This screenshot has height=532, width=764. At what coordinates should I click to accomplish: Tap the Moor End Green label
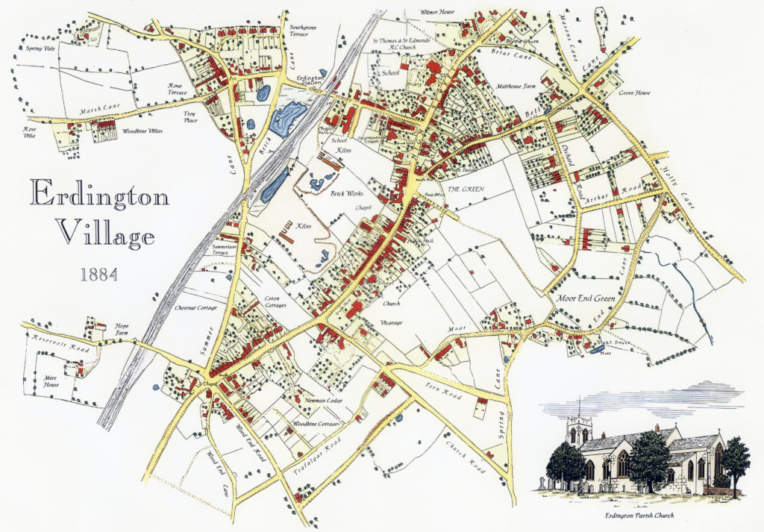tap(586, 298)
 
